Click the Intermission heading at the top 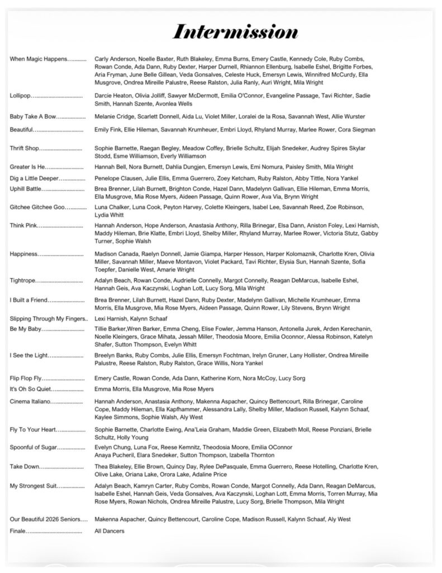tap(235, 31)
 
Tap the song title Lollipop tap(21, 96)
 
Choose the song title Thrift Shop tap(25, 148)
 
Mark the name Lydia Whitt tap(108, 215)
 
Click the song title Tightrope tap(23, 280)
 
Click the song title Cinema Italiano tap(30, 402)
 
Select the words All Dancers tap(110, 530)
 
